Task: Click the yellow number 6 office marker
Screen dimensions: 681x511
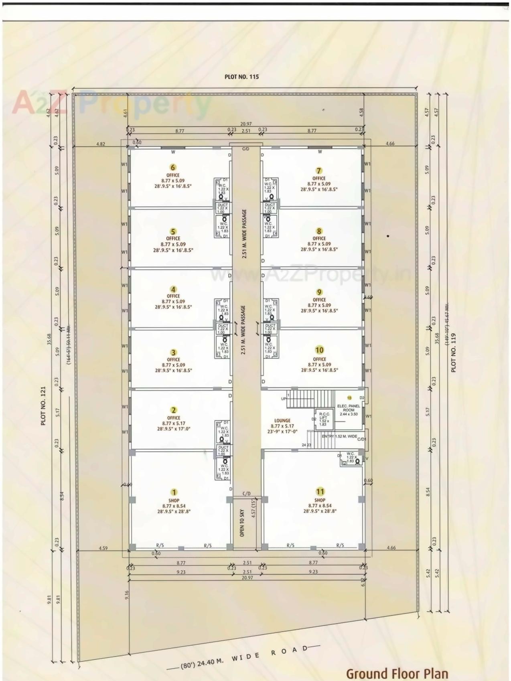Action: (173, 167)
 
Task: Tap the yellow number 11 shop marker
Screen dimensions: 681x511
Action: (320, 492)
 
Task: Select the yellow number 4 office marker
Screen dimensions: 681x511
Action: (173, 289)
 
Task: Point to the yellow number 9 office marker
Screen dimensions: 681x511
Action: (319, 292)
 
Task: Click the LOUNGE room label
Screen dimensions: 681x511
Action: (282, 421)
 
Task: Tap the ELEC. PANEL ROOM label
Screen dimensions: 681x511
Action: (349, 408)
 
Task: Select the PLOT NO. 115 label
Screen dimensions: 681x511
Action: (241, 77)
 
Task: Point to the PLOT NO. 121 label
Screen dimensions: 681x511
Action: (43, 406)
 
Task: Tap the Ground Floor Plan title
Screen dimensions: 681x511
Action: (397, 673)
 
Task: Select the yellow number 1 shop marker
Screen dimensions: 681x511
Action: (174, 492)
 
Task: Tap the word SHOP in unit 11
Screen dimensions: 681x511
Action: (320, 500)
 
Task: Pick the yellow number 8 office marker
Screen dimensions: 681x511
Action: (319, 231)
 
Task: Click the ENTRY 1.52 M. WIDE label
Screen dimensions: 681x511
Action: (339, 436)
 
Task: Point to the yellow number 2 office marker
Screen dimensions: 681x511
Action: (174, 410)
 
